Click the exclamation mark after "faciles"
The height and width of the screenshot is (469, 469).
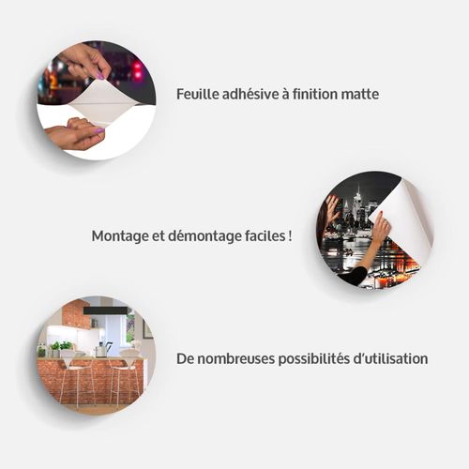290,235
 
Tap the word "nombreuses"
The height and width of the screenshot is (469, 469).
236,359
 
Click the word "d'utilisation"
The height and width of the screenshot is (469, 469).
390,358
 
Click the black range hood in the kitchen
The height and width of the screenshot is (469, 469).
105,310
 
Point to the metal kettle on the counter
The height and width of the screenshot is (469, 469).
100,350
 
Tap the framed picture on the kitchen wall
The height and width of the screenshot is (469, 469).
147,329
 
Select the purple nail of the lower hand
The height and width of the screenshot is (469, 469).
99,130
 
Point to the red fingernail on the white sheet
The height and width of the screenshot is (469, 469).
381,213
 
